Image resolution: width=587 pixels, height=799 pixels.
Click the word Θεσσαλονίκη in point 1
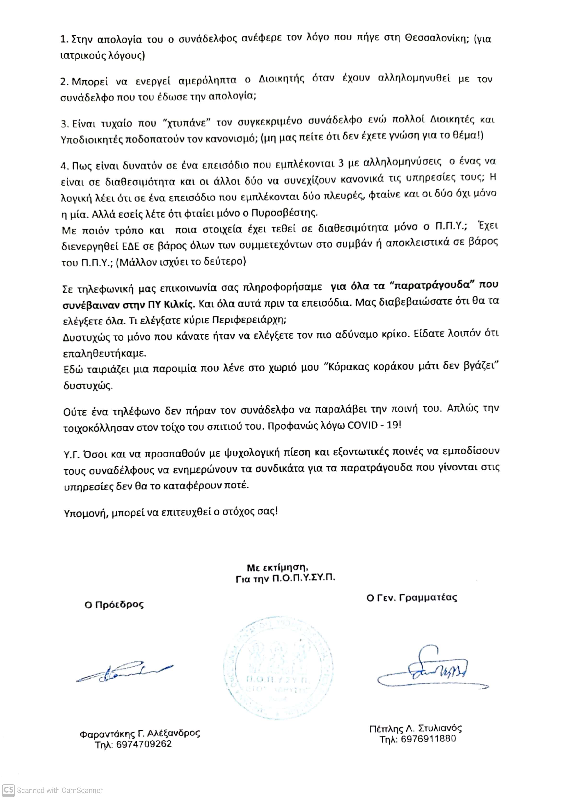435,38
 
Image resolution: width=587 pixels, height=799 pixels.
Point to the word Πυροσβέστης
284,213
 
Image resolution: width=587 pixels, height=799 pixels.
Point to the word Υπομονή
85,513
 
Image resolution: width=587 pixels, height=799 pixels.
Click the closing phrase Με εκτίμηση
277,567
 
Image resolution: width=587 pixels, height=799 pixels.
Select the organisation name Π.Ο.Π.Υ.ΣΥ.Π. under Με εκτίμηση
303,579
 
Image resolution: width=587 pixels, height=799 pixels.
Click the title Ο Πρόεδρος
114,604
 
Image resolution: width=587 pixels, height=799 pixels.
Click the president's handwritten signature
124,672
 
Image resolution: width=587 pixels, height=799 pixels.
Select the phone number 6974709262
144,744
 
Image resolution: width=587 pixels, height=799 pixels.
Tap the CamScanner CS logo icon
9,790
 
